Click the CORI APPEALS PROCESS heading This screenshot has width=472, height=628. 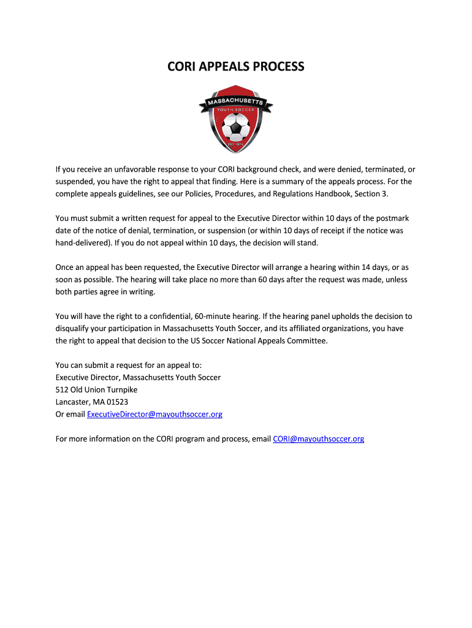point(236,66)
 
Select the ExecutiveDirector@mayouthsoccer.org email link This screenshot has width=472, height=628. point(154,415)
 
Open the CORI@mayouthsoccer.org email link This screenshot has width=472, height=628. point(318,439)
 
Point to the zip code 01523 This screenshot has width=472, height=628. point(116,402)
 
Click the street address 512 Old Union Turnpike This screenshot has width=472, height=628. point(96,390)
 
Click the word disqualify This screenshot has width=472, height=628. point(75,329)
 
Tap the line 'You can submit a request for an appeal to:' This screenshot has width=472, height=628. point(124,366)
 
